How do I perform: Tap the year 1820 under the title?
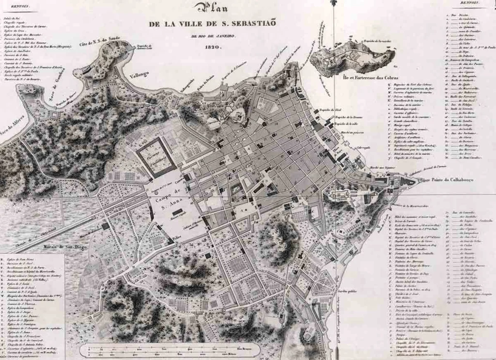tap(213, 47)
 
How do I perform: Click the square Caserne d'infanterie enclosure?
tap(156, 156)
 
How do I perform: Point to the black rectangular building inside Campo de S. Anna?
tap(177, 212)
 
